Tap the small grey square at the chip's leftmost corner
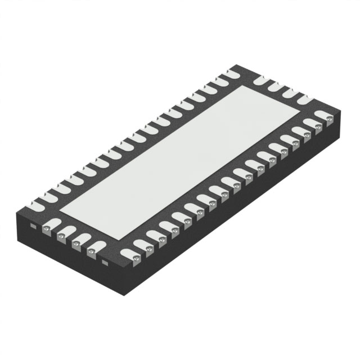coord(33,226)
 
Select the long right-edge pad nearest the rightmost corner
coord(320,119)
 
